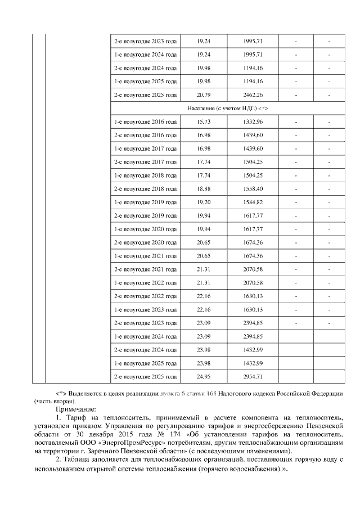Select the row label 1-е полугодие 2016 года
coord(145,122)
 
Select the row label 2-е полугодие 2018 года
coord(145,188)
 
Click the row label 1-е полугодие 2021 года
coord(145,256)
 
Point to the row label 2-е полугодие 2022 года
coord(145,296)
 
